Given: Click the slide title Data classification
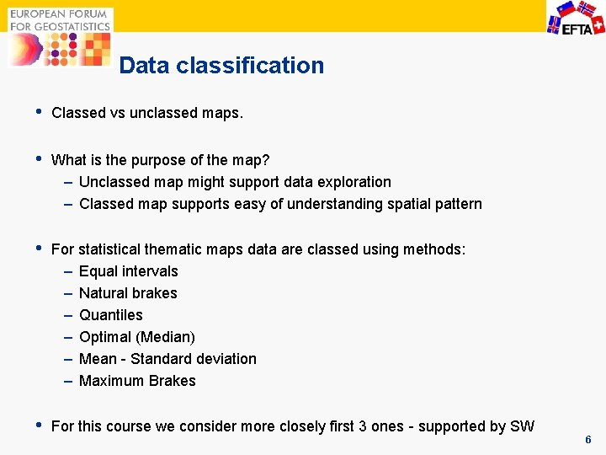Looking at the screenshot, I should (221, 66).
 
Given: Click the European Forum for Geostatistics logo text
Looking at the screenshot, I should (60, 20).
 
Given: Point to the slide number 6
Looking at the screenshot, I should (588, 440).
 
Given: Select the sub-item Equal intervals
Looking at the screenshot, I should (128, 271).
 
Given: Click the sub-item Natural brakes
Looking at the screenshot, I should (128, 293).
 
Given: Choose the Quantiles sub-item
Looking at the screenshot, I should (110, 315).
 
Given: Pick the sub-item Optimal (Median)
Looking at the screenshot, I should (136, 337).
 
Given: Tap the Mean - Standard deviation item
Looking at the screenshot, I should (167, 359).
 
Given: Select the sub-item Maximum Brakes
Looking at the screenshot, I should (137, 381).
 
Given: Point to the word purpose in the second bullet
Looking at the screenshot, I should (160, 160).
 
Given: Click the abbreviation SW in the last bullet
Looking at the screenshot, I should (522, 426).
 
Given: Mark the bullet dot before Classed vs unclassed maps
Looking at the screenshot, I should (33, 112).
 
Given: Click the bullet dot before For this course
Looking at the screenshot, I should (33, 426).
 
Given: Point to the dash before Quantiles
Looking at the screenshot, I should (67, 315).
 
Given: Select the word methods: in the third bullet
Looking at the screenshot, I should (434, 249).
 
